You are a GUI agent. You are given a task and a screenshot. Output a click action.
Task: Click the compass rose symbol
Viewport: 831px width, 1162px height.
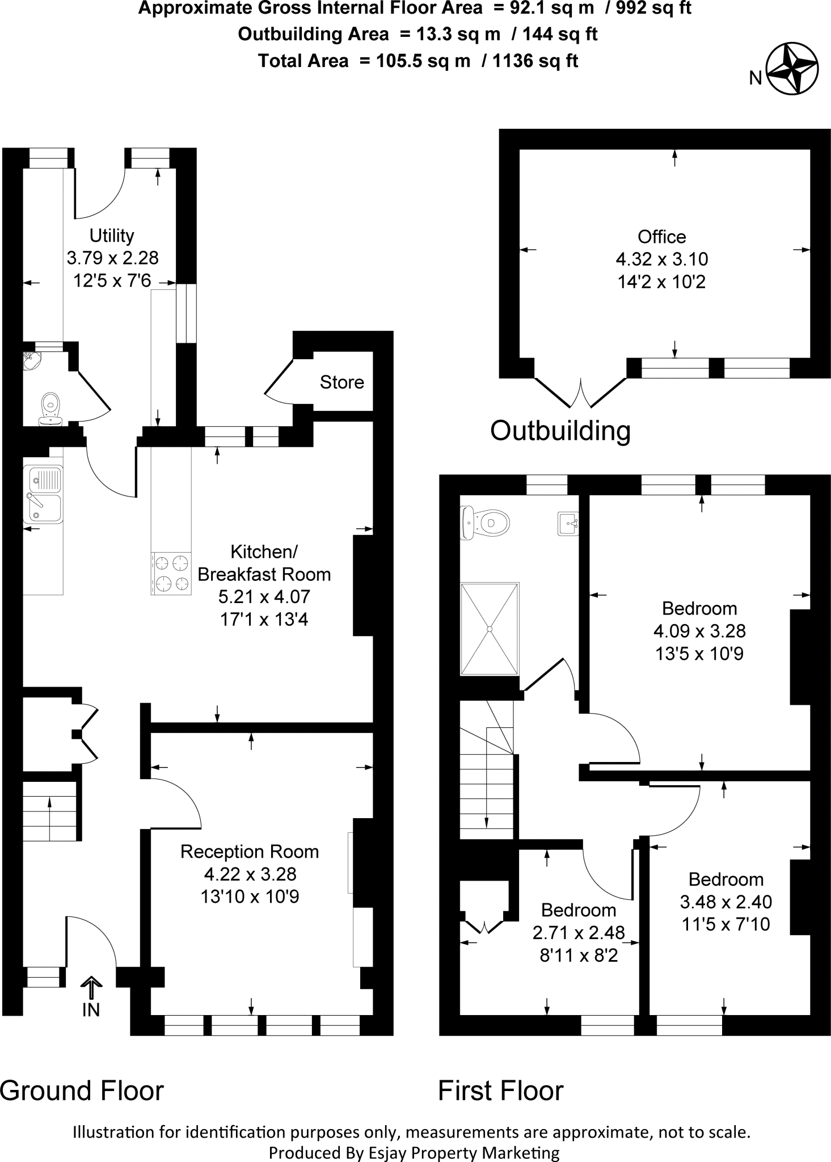792,69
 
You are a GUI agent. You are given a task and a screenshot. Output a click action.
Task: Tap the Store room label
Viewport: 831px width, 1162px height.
341,382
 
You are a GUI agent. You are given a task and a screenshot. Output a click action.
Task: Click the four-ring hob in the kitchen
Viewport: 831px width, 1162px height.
172,574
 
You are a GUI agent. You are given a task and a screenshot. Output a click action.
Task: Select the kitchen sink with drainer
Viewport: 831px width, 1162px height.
43,493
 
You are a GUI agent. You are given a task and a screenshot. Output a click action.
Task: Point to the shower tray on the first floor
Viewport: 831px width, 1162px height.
490,628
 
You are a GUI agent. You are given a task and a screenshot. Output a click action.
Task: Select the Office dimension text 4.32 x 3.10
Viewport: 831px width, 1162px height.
662,259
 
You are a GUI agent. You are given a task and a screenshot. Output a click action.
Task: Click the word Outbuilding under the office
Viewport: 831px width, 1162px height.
560,431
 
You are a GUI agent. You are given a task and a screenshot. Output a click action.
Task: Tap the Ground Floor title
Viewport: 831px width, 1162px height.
82,1091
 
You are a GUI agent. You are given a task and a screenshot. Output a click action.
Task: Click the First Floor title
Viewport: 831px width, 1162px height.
501,1091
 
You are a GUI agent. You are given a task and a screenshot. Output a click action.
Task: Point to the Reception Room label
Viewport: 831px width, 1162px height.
250,852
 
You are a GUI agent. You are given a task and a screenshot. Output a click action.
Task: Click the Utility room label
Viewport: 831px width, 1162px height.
112,235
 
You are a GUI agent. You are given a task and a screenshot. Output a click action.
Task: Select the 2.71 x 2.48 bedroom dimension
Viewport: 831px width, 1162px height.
579,932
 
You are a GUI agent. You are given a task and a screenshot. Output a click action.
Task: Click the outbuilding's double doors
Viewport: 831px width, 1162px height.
581,393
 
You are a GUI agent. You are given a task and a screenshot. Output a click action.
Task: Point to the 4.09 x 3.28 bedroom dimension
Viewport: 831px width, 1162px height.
699,631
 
